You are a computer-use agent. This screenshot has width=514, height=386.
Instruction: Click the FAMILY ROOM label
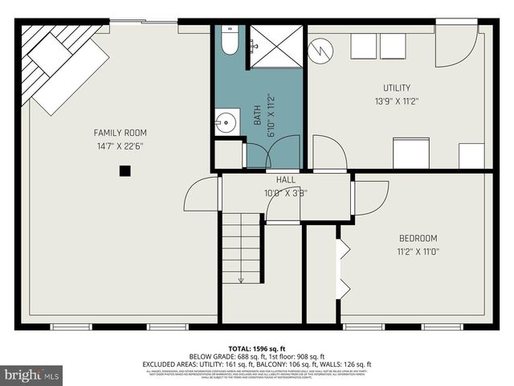[120, 133]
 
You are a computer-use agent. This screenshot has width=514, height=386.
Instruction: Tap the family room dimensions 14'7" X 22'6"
[120, 146]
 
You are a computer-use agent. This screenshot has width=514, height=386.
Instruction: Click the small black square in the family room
[124, 170]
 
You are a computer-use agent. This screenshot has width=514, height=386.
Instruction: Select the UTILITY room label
[396, 88]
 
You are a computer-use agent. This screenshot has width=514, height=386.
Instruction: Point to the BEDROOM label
[418, 238]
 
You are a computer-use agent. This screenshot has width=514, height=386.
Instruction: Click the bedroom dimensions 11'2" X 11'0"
[418, 252]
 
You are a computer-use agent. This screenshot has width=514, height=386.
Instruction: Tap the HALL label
[286, 180]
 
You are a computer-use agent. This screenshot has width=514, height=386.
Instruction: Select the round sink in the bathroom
[225, 124]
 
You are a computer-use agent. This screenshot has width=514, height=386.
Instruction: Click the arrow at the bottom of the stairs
[241, 279]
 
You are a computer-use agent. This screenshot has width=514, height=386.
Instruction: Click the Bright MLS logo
[32, 375]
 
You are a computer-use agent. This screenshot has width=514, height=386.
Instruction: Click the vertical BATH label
[259, 116]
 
